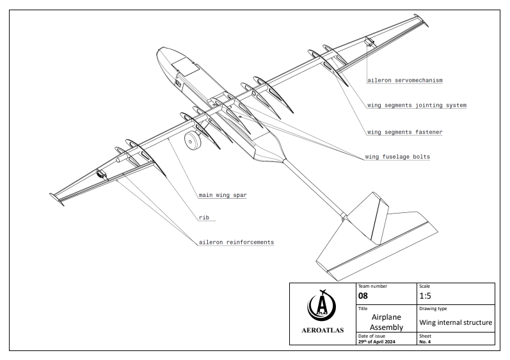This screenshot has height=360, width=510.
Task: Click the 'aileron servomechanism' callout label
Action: click(x=405, y=81)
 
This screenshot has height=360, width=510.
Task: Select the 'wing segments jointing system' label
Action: click(x=417, y=105)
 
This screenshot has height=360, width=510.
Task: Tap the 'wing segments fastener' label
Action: click(x=405, y=132)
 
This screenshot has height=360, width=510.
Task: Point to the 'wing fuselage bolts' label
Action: click(x=397, y=156)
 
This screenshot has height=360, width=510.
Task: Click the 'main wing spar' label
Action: click(x=222, y=194)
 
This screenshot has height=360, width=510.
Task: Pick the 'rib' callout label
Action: click(x=204, y=217)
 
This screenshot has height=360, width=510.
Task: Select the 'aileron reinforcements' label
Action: click(x=235, y=242)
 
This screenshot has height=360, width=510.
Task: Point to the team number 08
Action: click(x=364, y=297)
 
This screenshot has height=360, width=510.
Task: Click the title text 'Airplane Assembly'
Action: click(x=387, y=322)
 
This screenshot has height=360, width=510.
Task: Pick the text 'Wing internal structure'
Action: click(x=455, y=322)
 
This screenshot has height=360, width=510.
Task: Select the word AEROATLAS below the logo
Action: click(x=322, y=330)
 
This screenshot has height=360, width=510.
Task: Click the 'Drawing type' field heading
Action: click(x=433, y=309)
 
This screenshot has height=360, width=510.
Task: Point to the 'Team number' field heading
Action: click(x=372, y=286)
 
